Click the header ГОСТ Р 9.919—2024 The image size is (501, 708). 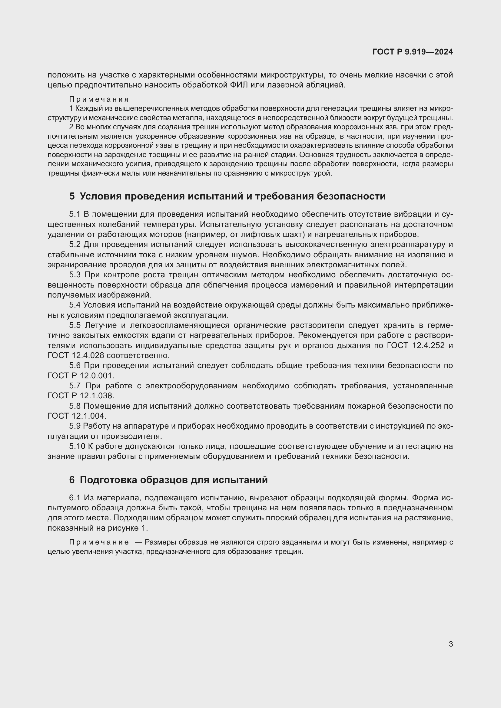click(413, 52)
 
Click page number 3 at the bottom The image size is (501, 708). click(451, 644)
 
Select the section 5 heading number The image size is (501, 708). click(72, 196)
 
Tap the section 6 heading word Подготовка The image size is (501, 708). click(108, 480)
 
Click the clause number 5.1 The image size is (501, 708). click(75, 214)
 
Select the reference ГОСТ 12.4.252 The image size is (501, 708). click(416, 345)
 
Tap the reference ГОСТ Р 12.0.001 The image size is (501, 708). click(81, 376)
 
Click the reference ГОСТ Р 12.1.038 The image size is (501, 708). click(81, 396)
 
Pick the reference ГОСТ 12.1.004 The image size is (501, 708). click(77, 416)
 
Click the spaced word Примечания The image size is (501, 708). click(99, 99)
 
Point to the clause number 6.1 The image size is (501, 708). click(75, 498)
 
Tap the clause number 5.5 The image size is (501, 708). click(75, 325)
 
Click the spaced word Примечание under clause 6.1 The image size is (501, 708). click(99, 542)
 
